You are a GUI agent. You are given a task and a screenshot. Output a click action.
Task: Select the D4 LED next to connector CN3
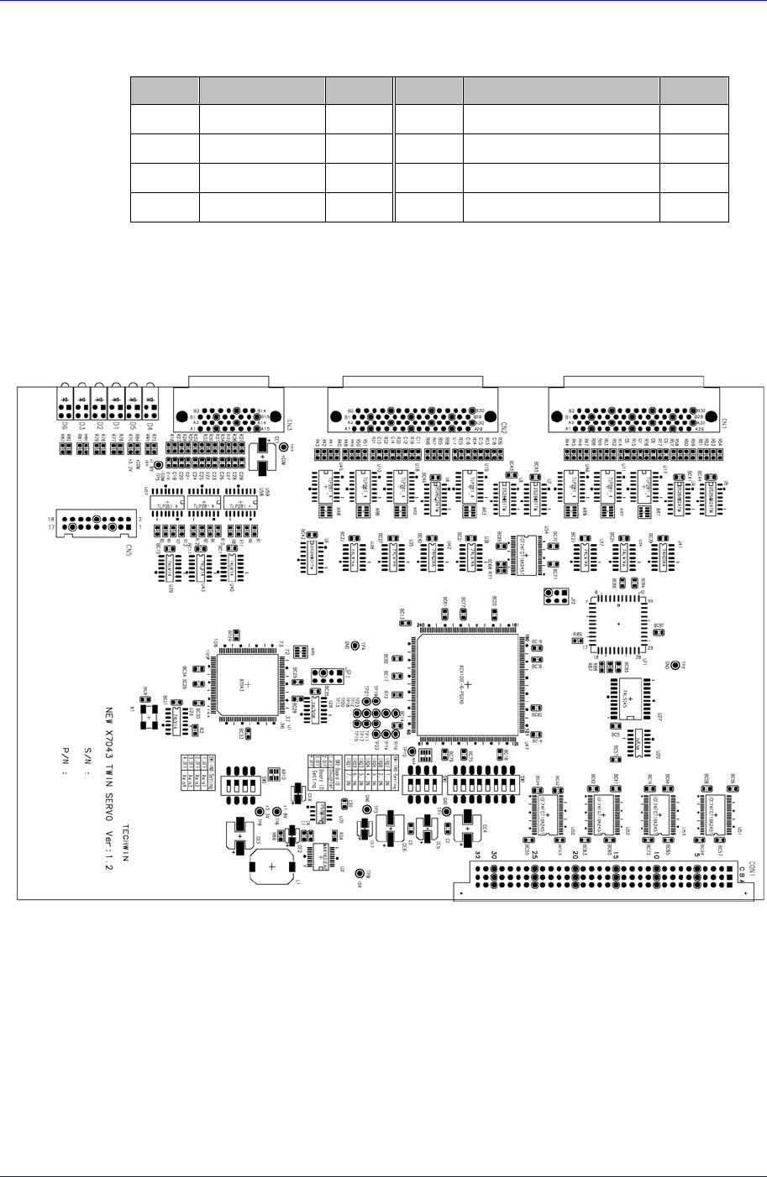click(151, 404)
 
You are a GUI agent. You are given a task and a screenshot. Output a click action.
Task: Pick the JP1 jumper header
click(319, 677)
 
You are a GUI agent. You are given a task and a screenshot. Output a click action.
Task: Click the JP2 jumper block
click(554, 596)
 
